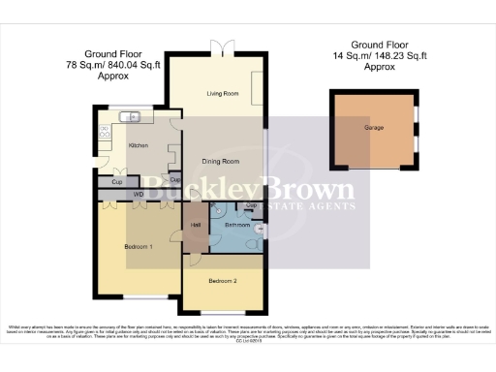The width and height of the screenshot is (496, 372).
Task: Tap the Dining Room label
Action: [x=221, y=161]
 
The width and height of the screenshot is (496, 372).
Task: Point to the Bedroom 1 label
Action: [x=140, y=247]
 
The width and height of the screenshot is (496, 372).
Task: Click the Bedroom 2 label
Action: [x=222, y=281]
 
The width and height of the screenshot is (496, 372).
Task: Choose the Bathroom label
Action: [x=237, y=225]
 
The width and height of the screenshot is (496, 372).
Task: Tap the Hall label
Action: [x=196, y=225]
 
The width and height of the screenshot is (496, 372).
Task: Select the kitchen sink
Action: [x=130, y=118]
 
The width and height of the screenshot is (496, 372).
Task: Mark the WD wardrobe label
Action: [x=139, y=195]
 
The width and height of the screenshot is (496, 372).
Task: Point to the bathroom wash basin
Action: [x=261, y=228]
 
